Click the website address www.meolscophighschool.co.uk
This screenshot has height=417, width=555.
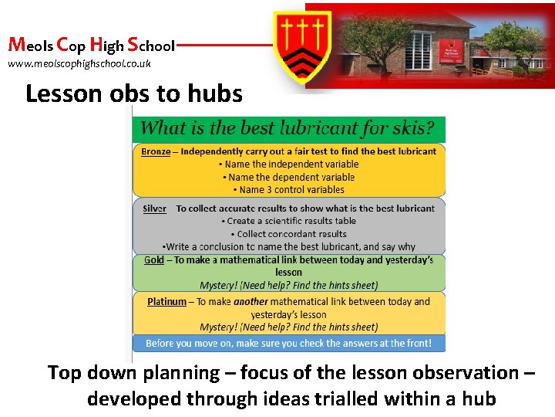point(79,64)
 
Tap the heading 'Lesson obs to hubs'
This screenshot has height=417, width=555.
point(133,94)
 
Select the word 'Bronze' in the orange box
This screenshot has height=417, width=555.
point(156,151)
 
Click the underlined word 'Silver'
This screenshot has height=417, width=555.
point(155,208)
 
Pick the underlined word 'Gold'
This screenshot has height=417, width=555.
point(154,260)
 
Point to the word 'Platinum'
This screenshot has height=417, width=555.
point(166,302)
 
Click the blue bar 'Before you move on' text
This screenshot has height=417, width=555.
point(288,343)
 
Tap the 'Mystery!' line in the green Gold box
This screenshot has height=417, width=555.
point(288,284)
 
